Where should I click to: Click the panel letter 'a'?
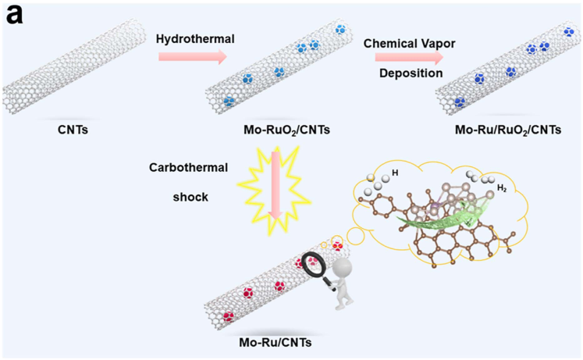(x=16, y=16)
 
